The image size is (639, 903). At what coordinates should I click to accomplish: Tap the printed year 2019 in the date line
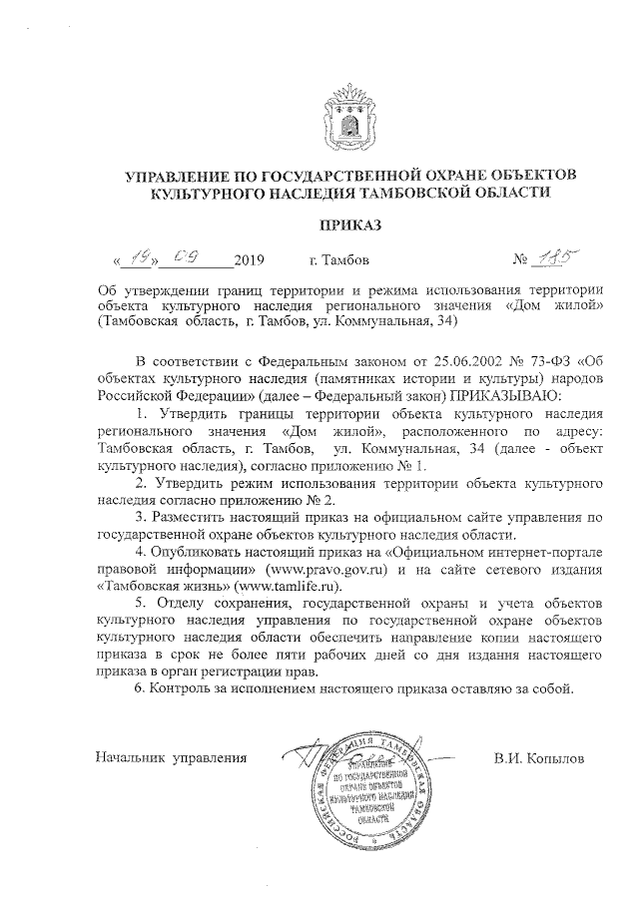249,262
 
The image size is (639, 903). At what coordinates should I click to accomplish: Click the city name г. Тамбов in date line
339,262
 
